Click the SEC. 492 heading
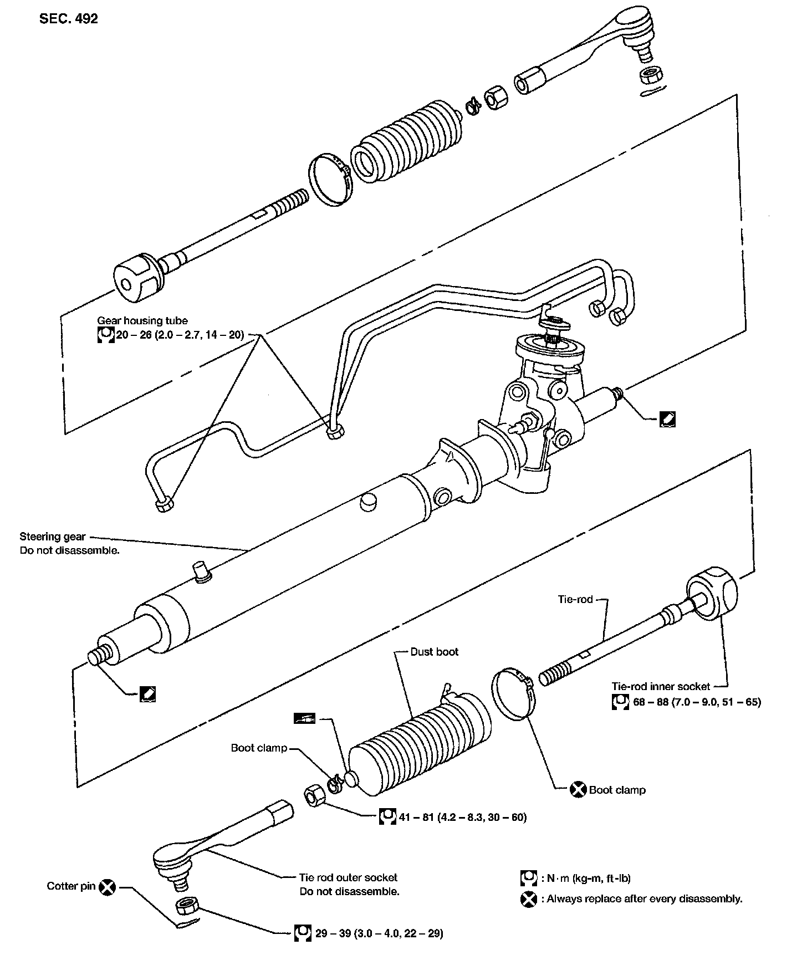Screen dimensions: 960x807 (69, 18)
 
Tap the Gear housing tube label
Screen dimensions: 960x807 (142, 320)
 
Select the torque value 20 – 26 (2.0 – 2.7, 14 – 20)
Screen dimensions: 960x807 (180, 335)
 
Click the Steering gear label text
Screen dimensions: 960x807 (53, 536)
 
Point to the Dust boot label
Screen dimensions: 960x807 (435, 652)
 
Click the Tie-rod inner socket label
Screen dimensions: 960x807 (661, 686)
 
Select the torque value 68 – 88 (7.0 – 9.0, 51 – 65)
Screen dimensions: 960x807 (697, 702)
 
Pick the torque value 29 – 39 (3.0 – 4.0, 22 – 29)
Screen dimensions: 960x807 (379, 933)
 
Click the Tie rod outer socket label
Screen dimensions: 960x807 (348, 877)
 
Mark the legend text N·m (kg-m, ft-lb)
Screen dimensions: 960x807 (589, 878)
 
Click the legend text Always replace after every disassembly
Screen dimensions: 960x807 (644, 899)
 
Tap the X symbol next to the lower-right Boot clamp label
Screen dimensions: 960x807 (578, 790)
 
